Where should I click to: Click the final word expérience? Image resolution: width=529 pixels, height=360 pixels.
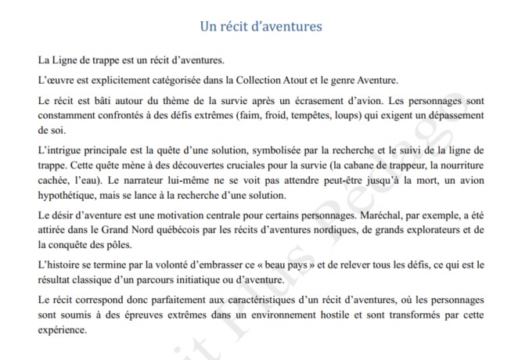[62, 329]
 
